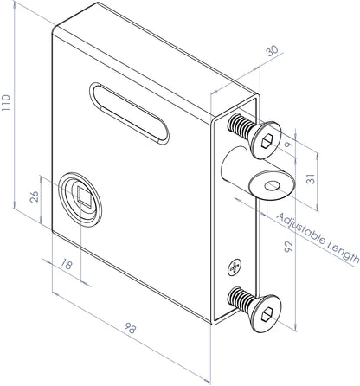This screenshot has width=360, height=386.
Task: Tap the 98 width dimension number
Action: coord(131,330)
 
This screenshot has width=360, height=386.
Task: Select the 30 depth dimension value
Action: coord(273,53)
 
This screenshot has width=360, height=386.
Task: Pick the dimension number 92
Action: coord(291,248)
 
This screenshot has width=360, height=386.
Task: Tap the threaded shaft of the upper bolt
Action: coord(238,128)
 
